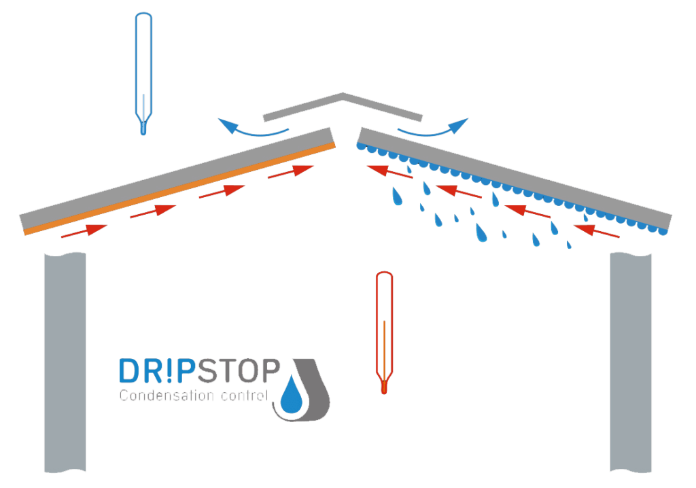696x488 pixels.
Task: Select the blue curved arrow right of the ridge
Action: (435, 128)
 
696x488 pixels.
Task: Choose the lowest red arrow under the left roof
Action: (83, 231)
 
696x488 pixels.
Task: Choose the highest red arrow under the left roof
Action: (290, 172)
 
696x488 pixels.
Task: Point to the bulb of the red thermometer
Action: (385, 387)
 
